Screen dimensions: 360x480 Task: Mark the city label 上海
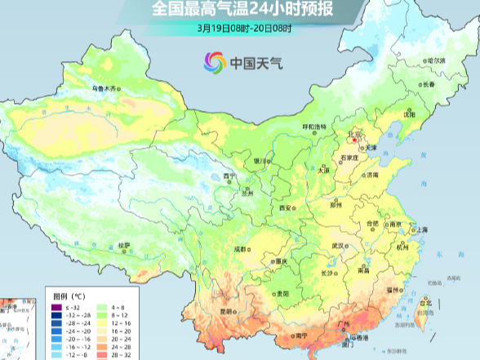(x=422, y=230)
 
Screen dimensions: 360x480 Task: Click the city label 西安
(x=286, y=208)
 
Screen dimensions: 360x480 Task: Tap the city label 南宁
(x=301, y=335)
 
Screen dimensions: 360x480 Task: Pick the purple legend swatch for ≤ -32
(x=56, y=306)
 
